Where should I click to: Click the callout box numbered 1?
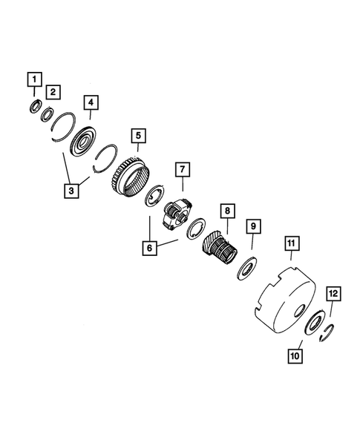point(34,76)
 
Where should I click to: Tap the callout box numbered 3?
point(71,192)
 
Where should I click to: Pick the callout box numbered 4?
point(90,102)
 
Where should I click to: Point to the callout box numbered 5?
point(138,137)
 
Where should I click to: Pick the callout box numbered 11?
point(292,243)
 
